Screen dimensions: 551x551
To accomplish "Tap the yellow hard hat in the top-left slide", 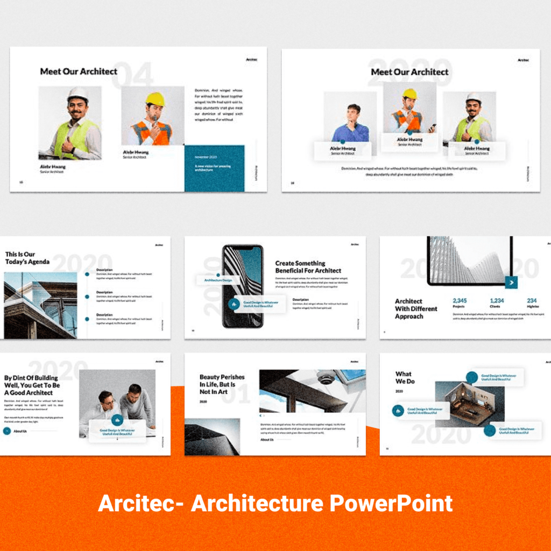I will [155, 99].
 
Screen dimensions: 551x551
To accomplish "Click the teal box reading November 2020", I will [214, 167].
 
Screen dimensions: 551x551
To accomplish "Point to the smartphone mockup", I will [243, 286].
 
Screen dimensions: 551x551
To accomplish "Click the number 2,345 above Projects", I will [460, 301].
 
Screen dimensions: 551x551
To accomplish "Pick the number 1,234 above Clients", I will [497, 301].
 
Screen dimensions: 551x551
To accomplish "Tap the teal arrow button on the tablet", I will [511, 282].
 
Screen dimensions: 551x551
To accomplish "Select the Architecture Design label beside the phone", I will [218, 280].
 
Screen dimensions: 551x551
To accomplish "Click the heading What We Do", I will [404, 378].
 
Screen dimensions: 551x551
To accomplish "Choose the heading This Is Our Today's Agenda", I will [27, 258].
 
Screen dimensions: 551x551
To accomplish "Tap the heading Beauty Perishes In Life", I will [222, 384].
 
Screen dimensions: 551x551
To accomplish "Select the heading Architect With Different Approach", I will [416, 309].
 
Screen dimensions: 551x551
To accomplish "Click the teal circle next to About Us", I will [6, 431].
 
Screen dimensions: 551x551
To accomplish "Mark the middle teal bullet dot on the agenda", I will [87, 296].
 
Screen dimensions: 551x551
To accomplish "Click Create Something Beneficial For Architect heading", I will [308, 267].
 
